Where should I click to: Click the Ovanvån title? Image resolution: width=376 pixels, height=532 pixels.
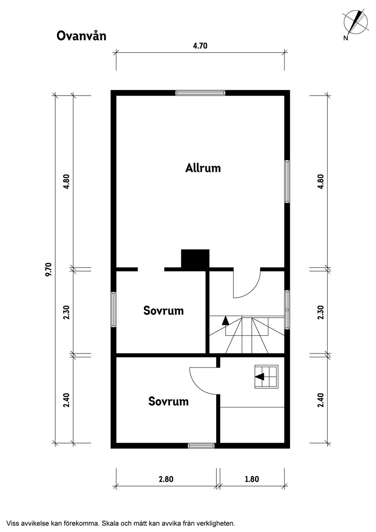click(x=81, y=36)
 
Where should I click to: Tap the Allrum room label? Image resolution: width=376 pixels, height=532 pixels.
click(x=203, y=168)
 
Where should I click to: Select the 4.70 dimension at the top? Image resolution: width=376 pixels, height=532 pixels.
click(x=200, y=45)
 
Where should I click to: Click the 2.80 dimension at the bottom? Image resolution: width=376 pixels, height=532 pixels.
click(x=166, y=479)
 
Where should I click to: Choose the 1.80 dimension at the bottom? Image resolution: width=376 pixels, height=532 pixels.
click(x=252, y=479)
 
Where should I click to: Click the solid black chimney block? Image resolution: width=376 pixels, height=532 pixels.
click(x=195, y=259)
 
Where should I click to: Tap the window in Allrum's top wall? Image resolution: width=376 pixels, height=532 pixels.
click(x=200, y=93)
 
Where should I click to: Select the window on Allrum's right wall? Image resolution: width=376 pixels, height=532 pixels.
click(x=287, y=181)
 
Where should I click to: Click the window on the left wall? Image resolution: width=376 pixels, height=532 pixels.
click(x=114, y=309)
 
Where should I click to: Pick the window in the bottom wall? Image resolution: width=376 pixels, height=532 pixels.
click(x=201, y=446)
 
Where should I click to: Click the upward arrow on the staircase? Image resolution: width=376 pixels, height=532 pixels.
click(x=226, y=320)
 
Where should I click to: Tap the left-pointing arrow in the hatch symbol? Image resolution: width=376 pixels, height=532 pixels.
click(x=259, y=376)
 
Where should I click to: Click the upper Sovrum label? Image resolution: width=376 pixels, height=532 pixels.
click(x=164, y=311)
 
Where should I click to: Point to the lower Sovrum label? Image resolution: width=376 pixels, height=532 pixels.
click(x=168, y=402)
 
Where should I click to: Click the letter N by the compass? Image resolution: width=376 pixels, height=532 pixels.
click(x=345, y=38)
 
